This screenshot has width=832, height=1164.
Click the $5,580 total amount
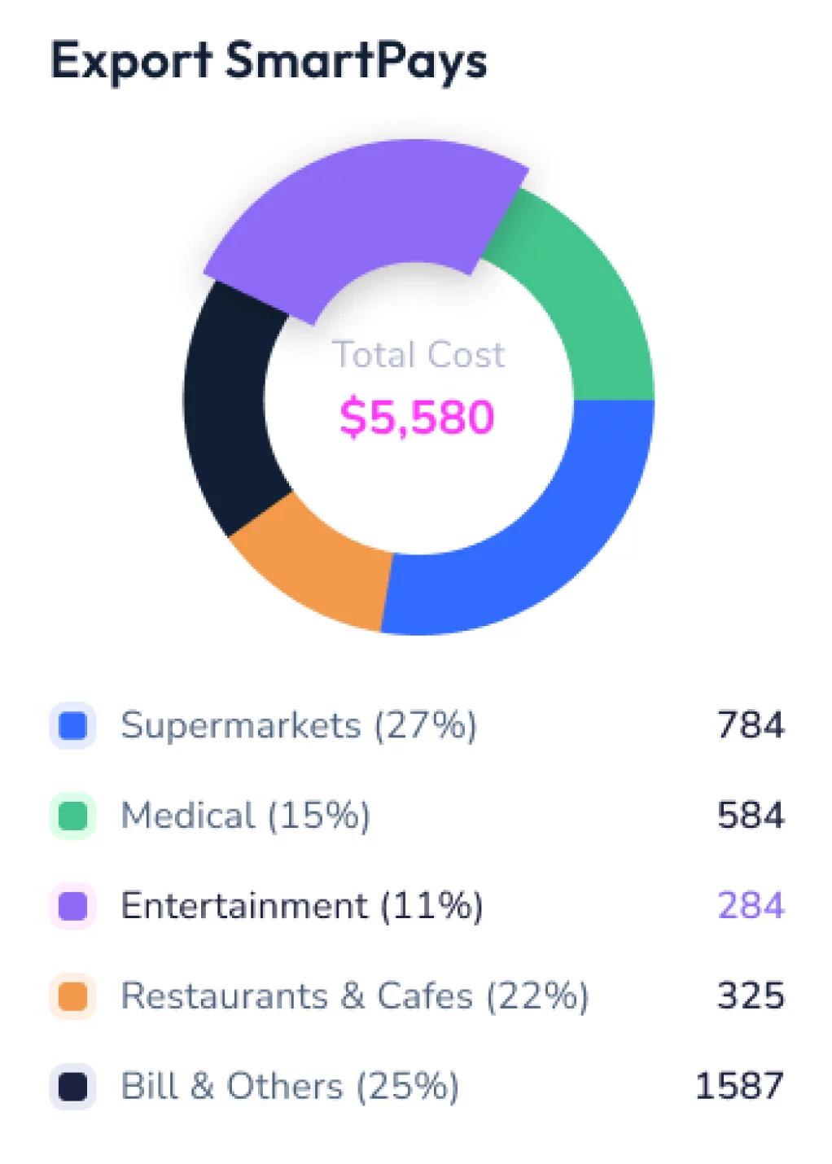tap(417, 417)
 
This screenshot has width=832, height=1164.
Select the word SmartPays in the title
tap(356, 62)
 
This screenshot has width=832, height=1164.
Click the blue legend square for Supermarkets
tap(73, 725)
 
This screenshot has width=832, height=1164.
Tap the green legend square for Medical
tap(73, 816)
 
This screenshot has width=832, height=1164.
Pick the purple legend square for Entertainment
tap(73, 906)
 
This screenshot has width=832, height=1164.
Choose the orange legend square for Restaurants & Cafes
tap(73, 996)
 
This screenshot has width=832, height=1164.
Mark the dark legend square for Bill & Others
tap(73, 1087)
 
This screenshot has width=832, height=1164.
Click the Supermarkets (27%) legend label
tap(299, 725)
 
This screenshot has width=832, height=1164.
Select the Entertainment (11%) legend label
tap(302, 906)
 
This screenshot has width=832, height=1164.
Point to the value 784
tap(751, 725)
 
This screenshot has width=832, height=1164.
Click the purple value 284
tap(751, 906)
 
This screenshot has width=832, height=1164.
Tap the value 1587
tap(739, 1087)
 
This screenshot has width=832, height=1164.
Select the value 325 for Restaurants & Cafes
tap(751, 996)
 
